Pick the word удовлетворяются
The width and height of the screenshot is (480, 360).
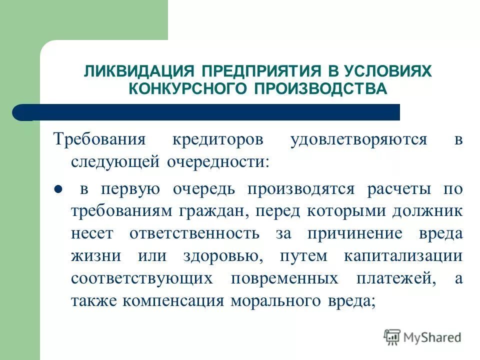pyautogui.click(x=358, y=139)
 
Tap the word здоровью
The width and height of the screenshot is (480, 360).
pyautogui.click(x=219, y=255)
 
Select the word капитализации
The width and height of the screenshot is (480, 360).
pyautogui.click(x=403, y=255)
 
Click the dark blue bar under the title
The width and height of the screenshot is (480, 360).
pyautogui.click(x=210, y=112)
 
